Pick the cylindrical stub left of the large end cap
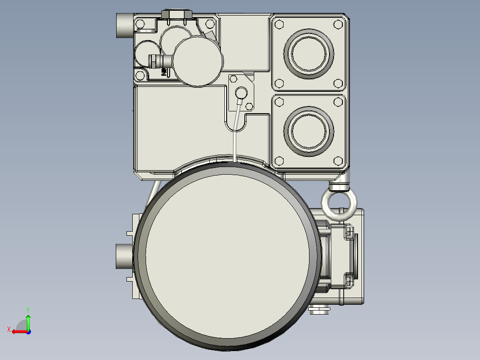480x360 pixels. pos(124,256)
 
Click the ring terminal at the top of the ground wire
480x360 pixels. pos(241,93)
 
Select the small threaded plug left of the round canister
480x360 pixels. pos(155,61)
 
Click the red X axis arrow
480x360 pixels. pos(17,331)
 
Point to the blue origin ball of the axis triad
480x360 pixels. pos(28,331)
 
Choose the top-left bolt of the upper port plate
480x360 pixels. pos(279,24)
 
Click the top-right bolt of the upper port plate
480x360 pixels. pos(338,24)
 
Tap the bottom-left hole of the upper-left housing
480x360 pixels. pos(141,75)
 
